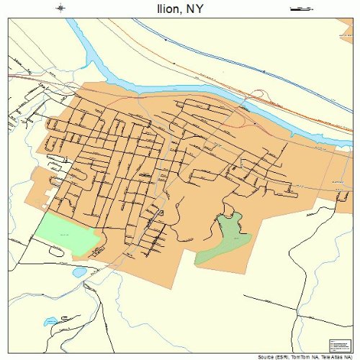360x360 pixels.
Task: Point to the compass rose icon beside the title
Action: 60,9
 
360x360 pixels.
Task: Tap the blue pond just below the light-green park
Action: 78,273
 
